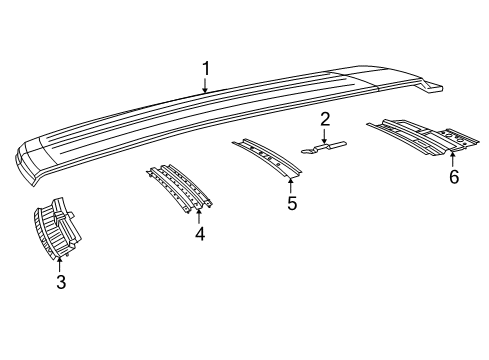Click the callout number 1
(x=205, y=68)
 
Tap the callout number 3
(x=60, y=283)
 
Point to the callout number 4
(x=200, y=234)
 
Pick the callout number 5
(x=292, y=203)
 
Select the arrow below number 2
(x=325, y=138)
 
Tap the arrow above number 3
(x=60, y=262)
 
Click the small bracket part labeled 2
(x=325, y=148)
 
